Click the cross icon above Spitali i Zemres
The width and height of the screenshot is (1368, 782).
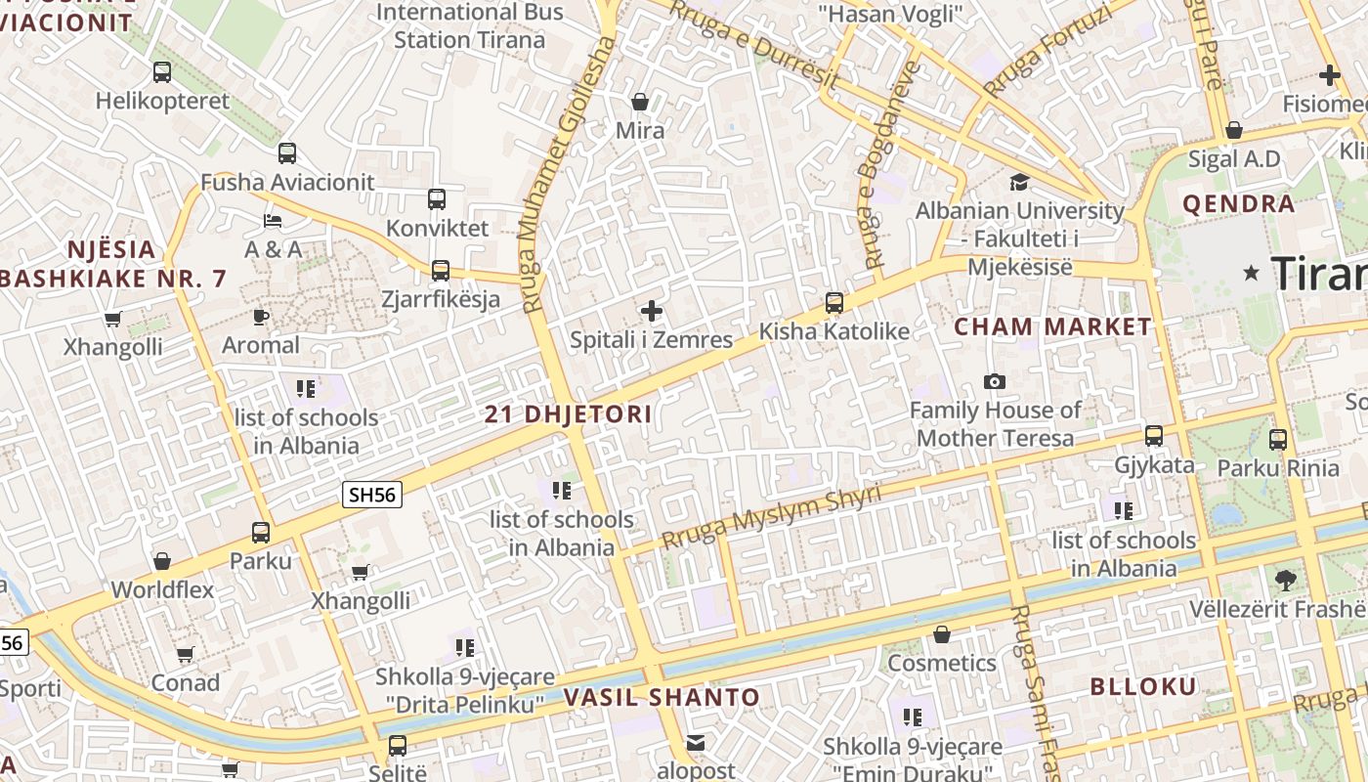tap(652, 312)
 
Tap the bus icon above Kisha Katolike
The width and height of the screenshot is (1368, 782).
tap(834, 303)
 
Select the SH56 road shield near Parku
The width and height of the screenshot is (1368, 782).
tap(372, 495)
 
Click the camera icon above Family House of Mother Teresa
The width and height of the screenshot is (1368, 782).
tap(995, 381)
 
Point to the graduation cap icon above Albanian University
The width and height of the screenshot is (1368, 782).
tap(1019, 182)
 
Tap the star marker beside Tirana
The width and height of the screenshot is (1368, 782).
tap(1251, 273)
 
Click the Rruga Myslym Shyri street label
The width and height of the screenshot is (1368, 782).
tap(771, 517)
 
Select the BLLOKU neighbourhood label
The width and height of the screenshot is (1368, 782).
tap(1142, 686)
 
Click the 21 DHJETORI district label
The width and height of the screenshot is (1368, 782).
tap(568, 413)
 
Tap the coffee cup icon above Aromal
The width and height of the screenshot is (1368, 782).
tap(260, 317)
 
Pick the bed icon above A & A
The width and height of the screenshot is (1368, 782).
tap(273, 221)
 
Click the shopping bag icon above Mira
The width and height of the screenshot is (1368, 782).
tap(640, 102)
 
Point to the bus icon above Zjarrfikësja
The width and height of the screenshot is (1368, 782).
tap(441, 270)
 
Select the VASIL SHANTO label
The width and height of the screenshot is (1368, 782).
tap(662, 697)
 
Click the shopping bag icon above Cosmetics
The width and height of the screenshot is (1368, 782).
tap(941, 635)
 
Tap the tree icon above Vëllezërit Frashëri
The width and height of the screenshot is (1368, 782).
tap(1286, 580)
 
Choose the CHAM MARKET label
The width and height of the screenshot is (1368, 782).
tap(1052, 326)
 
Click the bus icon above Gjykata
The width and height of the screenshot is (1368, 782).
tap(1154, 436)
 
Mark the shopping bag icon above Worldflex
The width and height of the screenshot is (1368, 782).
tap(162, 561)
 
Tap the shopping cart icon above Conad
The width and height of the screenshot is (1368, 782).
tap(185, 654)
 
